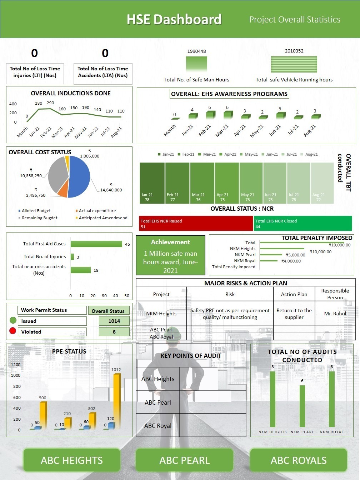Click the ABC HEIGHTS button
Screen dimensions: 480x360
pyautogui.click(x=71, y=460)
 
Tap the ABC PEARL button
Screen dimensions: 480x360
pyautogui.click(x=184, y=460)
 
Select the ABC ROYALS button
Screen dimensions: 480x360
pyautogui.click(x=299, y=460)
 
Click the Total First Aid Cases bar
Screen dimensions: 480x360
pyautogui.click(x=96, y=244)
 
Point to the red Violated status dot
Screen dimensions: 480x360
pyautogui.click(x=13, y=331)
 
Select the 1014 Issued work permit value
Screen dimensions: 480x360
pyautogui.click(x=114, y=321)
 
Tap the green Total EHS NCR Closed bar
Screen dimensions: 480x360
pyautogui.click(x=303, y=224)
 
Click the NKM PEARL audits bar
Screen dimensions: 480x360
pyautogui.click(x=302, y=406)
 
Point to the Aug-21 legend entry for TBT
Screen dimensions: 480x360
pyautogui.click(x=309, y=154)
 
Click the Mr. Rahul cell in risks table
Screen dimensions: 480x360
pyautogui.click(x=335, y=314)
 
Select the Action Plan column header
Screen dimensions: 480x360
pyautogui.click(x=294, y=294)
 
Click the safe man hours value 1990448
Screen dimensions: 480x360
pyautogui.click(x=196, y=51)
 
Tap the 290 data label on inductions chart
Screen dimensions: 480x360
pyautogui.click(x=50, y=103)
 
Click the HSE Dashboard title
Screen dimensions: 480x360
pyautogui.click(x=174, y=19)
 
